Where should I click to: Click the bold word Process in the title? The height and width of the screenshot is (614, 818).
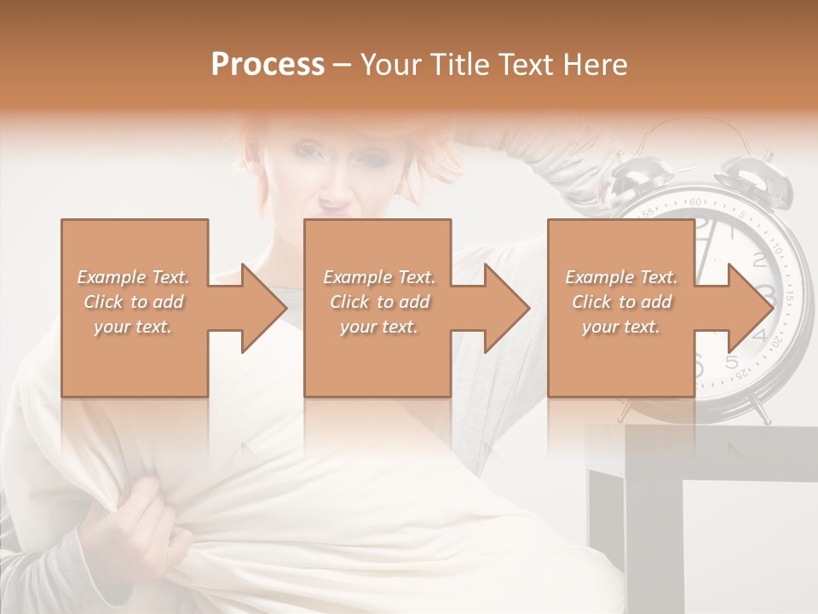click(268, 65)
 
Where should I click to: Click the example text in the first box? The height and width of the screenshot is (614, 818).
click(134, 302)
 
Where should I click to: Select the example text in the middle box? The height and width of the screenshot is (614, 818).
click(379, 302)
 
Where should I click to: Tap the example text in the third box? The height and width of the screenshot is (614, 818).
click(621, 302)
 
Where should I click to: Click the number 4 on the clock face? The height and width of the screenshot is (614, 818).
click(761, 337)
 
